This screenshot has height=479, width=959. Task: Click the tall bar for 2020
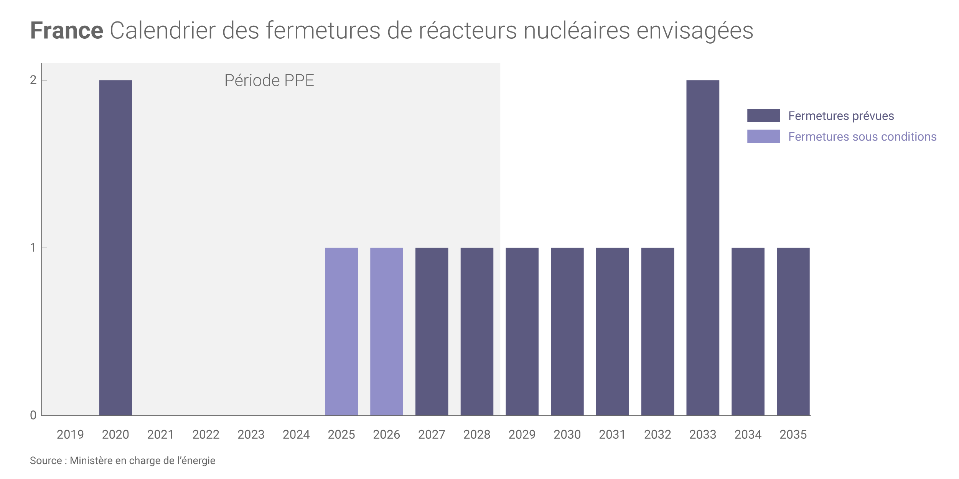pos(115,248)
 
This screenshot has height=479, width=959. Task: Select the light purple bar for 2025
pos(341,332)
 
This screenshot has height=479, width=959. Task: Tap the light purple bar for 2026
pos(386,332)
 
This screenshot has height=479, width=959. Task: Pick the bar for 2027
pos(432,332)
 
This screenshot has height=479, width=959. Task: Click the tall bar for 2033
pos(702,248)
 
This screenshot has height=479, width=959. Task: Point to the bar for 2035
pos(793,332)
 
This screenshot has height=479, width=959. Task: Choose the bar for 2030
pos(567,332)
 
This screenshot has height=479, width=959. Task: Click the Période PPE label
pos(269,80)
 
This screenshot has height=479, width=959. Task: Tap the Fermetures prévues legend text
pos(841,116)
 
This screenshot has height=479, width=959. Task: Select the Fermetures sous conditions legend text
pos(862,136)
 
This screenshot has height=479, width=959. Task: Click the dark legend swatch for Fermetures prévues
pos(763,115)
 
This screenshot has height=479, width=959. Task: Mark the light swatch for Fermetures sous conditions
pos(763,136)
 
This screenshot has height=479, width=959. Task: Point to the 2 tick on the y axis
pos(33,80)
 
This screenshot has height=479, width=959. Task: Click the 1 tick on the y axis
pos(33,248)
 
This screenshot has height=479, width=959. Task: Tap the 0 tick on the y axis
pos(33,415)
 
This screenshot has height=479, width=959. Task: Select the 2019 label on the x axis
pos(70,435)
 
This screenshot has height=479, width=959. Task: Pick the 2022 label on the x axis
pos(206,435)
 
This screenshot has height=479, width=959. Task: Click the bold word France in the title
pos(67,31)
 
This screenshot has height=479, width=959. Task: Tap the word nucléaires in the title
pos(577,31)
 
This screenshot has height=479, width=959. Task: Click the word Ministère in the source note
pos(91,461)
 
